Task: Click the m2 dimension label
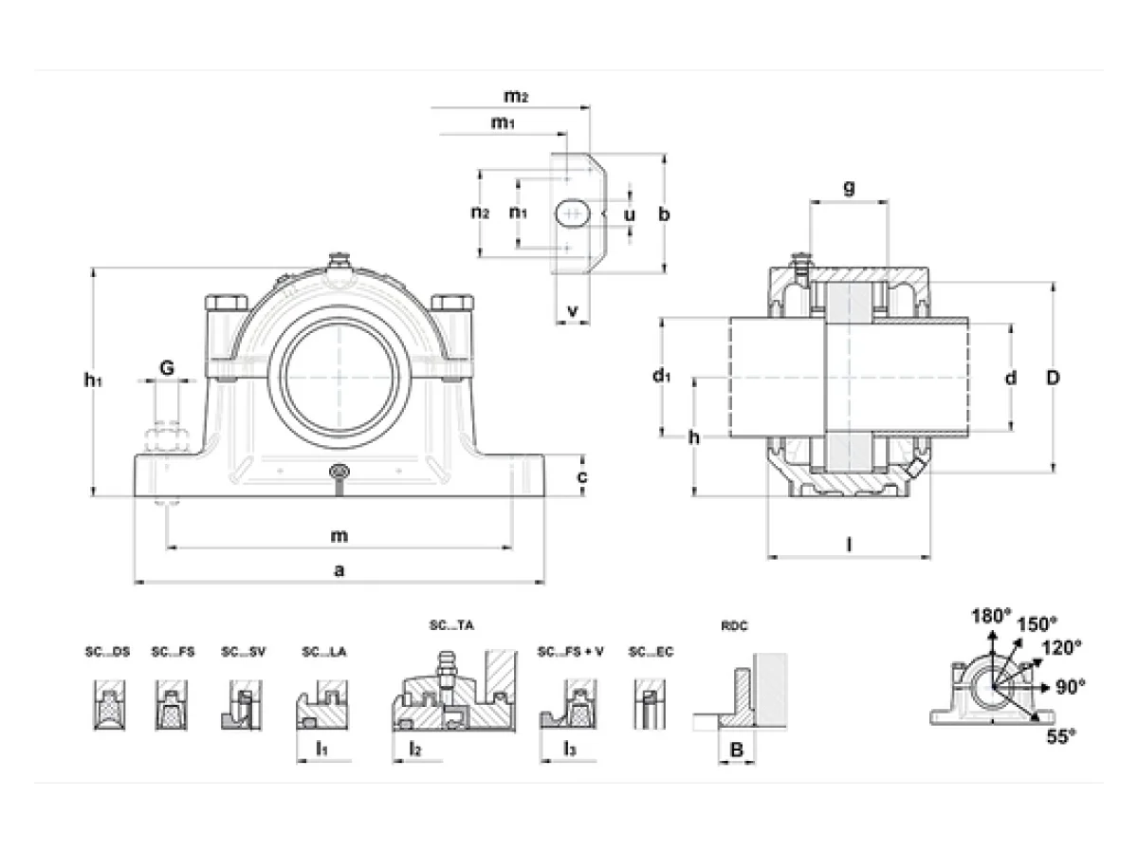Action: click(x=516, y=97)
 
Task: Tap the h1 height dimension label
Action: click(x=93, y=381)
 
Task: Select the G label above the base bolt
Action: click(x=166, y=368)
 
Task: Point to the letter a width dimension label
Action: click(x=340, y=570)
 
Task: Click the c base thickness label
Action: click(x=582, y=476)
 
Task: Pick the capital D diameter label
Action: click(x=1053, y=378)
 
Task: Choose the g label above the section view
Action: click(x=849, y=187)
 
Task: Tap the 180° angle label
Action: click(x=991, y=616)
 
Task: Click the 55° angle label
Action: click(x=1061, y=736)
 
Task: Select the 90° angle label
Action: click(x=1070, y=687)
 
